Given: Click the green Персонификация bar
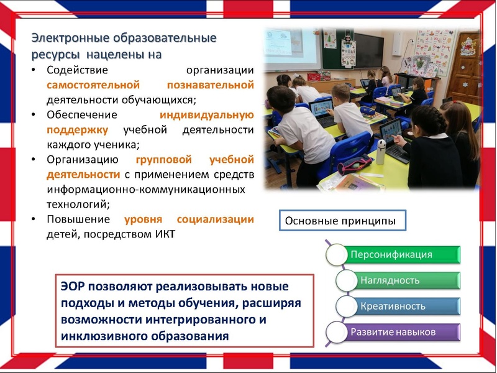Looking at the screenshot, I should tap(398, 254).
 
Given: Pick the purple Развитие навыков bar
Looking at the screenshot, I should tap(398, 331).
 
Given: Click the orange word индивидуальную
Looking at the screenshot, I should tap(206, 114).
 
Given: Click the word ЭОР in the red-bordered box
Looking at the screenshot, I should tap(74, 287).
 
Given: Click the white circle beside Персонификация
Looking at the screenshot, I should tap(336, 254).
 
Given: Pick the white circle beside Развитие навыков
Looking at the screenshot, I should tap(336, 331).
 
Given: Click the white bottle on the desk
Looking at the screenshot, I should tap(381, 152).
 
